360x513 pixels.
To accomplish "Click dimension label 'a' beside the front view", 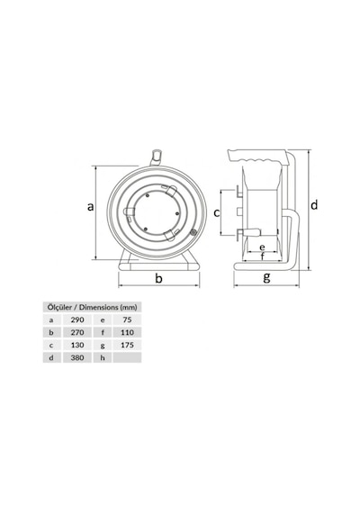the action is pyautogui.click(x=91, y=206).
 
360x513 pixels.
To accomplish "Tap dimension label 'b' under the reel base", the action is pyautogui.click(x=158, y=278).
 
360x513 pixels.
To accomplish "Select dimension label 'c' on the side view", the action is pyautogui.click(x=217, y=213).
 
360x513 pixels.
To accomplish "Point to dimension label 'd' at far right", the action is pyautogui.click(x=314, y=205).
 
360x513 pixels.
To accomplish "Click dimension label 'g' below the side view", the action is pyautogui.click(x=266, y=278).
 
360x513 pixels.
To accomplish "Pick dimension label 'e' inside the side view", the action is pyautogui.click(x=262, y=247).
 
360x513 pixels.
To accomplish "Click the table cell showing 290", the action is pyautogui.click(x=77, y=319).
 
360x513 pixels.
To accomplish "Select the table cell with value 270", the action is pyautogui.click(x=77, y=332).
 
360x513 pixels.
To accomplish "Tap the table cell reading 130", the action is pyautogui.click(x=77, y=345).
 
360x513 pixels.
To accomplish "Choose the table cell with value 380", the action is pyautogui.click(x=77, y=357).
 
